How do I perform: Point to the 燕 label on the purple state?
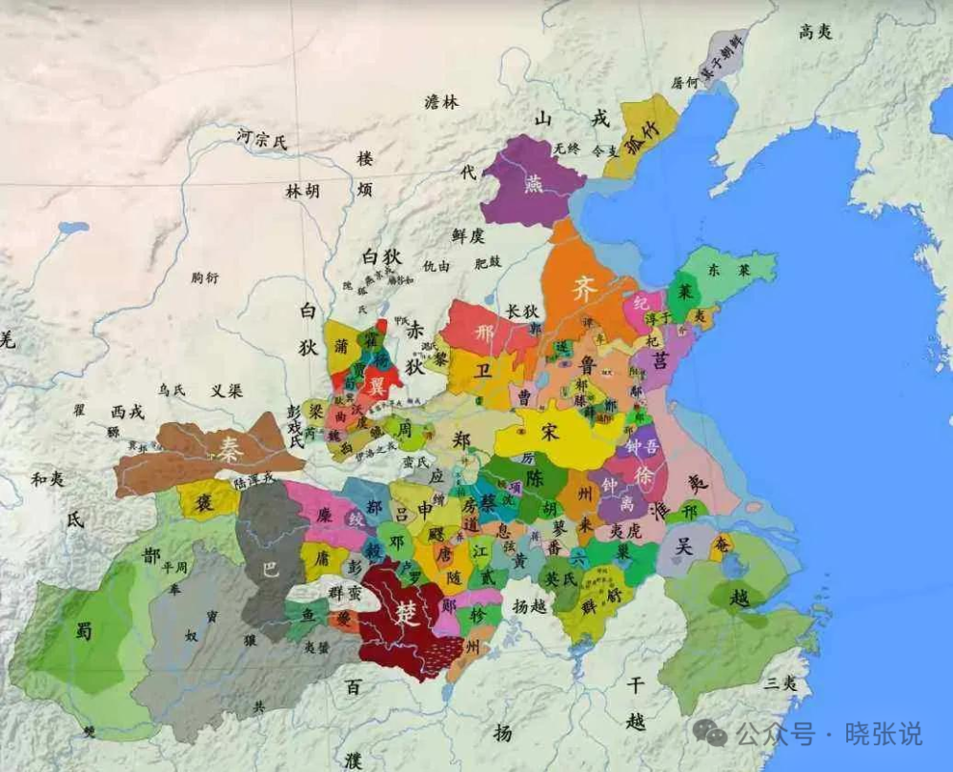click(x=534, y=184)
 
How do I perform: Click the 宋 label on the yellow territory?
click(x=550, y=430)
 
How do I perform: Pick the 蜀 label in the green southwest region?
click(x=84, y=629)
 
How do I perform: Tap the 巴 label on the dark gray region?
click(x=270, y=570)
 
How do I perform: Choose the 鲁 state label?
click(x=589, y=365)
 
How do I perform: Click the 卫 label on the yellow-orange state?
click(x=484, y=372)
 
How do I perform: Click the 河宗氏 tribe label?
click(x=261, y=141)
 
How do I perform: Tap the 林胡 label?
click(x=302, y=191)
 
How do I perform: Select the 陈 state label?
click(x=534, y=477)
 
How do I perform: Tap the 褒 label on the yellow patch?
click(x=205, y=502)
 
